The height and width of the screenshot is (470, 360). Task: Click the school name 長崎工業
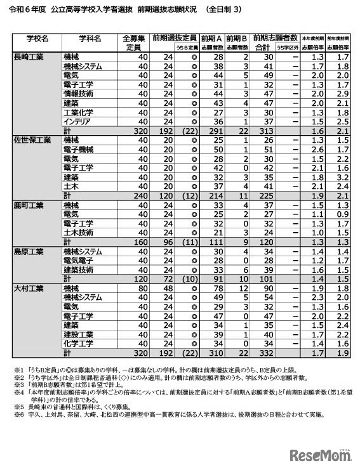[29, 57]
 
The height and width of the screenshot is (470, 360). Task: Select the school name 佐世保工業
[30, 140]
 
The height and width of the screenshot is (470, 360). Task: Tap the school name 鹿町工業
[29, 206]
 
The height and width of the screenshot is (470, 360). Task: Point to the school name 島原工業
[29, 251]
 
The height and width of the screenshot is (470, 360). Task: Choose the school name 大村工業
[29, 288]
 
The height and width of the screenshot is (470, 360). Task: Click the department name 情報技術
[79, 94]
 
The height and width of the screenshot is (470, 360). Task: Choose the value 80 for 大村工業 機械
[142, 288]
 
